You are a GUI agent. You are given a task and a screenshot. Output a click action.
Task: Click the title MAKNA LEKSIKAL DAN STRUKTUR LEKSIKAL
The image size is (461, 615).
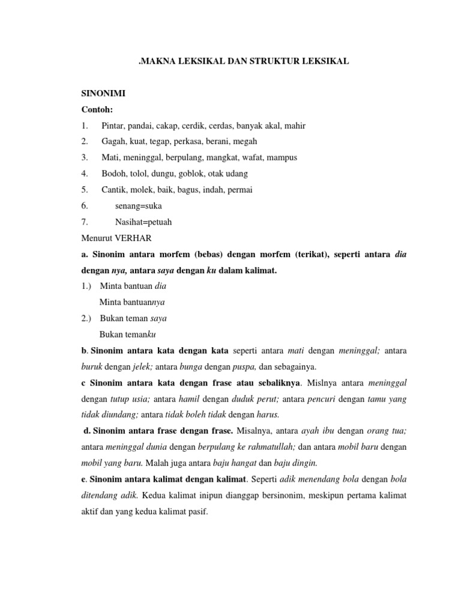[243, 62]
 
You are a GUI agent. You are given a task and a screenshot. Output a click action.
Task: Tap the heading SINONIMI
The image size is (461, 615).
[103, 94]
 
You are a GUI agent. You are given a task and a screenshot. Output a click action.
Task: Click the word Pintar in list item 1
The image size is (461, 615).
[113, 126]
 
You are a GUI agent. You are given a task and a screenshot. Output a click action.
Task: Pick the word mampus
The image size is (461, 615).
[282, 157]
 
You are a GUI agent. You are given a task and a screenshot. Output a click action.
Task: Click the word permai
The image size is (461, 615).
[240, 190]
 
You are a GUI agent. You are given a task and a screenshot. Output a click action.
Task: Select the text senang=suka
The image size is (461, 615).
[138, 205]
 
